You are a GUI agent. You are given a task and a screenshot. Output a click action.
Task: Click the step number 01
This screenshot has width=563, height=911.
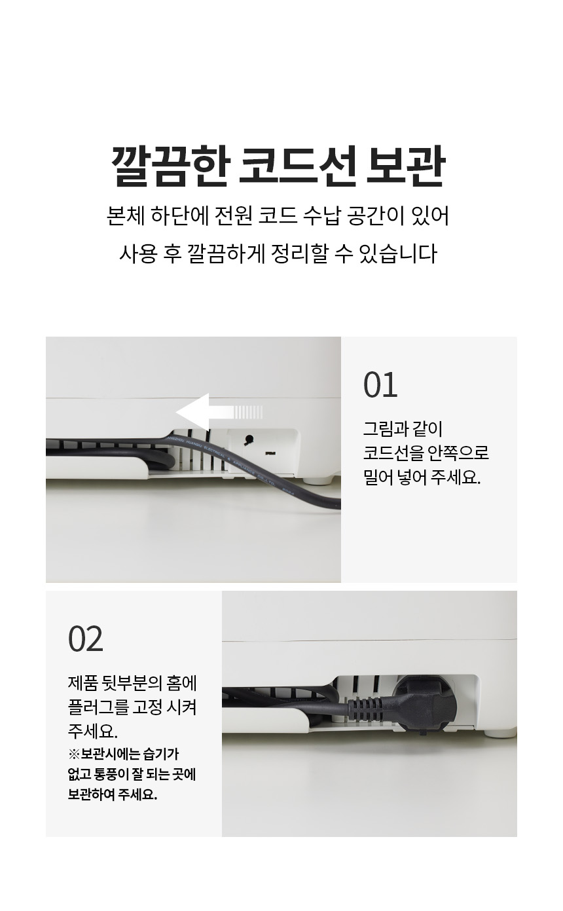coord(380,384)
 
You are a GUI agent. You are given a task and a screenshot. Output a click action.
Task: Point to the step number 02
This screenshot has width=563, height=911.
coord(85,639)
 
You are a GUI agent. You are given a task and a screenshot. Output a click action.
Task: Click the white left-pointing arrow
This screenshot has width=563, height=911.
coord(219,411)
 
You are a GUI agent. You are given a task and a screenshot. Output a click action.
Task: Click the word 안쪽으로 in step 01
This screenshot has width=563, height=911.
coord(458,453)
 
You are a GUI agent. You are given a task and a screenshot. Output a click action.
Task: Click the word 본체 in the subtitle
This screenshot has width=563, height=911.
coord(125,215)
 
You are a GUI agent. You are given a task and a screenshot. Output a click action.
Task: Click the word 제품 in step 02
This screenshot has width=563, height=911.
coord(83,683)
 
